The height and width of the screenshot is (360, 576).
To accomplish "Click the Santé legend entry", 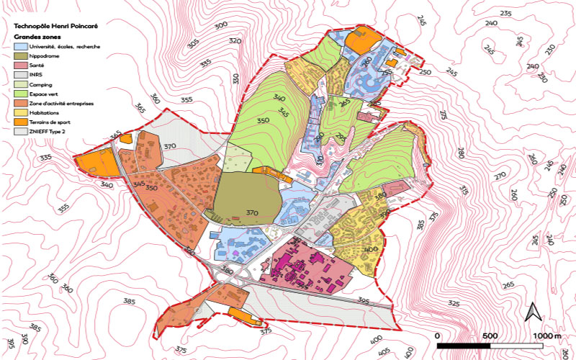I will coord(40,65).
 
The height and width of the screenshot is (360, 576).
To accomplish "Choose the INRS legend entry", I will coord(39,74).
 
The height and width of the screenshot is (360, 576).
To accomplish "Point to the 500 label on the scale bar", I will coord(490,336).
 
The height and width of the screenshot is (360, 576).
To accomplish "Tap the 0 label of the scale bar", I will coord(438,336).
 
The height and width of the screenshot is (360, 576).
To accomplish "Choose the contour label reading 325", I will coord(454,303).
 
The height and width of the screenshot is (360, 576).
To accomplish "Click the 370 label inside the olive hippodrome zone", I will coord(251,213).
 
